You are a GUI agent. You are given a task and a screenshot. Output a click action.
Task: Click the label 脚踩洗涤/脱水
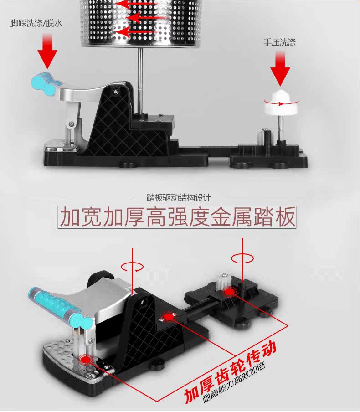coord(36,23)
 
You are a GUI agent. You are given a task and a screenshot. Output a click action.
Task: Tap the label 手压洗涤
coord(280,42)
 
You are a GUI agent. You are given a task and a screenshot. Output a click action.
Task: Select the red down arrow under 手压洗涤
coord(280,69)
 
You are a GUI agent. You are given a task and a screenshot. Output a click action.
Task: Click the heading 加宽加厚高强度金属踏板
coord(177,217)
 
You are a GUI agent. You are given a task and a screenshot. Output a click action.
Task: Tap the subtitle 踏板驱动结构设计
coord(179,198)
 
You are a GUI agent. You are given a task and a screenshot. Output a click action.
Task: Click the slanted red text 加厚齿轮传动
coord(230,372)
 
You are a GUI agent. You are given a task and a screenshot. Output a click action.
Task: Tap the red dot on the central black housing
coord(168,317)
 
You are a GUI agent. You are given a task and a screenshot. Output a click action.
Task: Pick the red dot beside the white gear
coord(229,292)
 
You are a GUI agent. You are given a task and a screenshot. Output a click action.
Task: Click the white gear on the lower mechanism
coord(221,281)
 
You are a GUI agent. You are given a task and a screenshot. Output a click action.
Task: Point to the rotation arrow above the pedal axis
coord(132,267)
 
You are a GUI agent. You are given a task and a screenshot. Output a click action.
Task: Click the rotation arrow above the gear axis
coord(242,258)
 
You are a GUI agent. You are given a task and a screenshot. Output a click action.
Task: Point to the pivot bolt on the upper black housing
coord(115,92)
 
